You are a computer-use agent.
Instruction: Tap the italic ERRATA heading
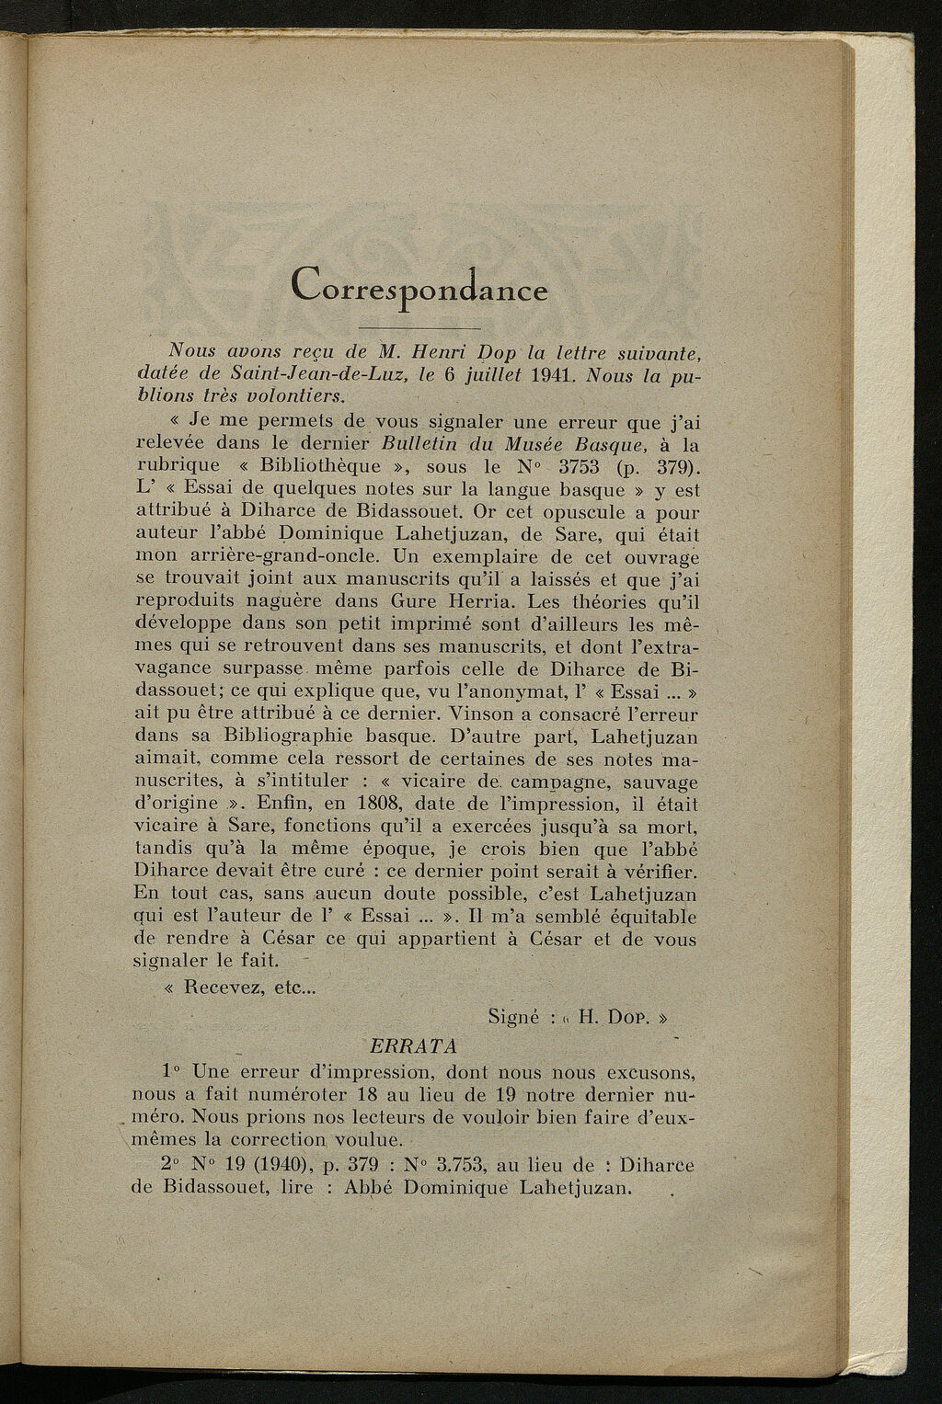click(x=411, y=1044)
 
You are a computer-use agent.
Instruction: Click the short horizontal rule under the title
click(x=419, y=327)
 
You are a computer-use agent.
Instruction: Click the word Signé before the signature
click(x=518, y=1018)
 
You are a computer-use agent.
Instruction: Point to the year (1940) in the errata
click(x=276, y=1163)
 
